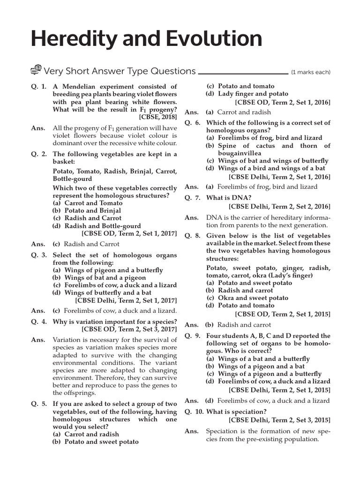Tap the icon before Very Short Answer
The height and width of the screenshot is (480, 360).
36,71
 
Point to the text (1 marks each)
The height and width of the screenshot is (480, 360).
310,72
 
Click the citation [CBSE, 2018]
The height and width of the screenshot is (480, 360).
158,117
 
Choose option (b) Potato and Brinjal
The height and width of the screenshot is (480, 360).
87,210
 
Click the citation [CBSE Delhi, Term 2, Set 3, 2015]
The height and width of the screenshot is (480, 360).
279,420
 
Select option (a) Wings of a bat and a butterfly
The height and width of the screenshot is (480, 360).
258,359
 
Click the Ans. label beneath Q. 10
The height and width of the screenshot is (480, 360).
191,431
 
